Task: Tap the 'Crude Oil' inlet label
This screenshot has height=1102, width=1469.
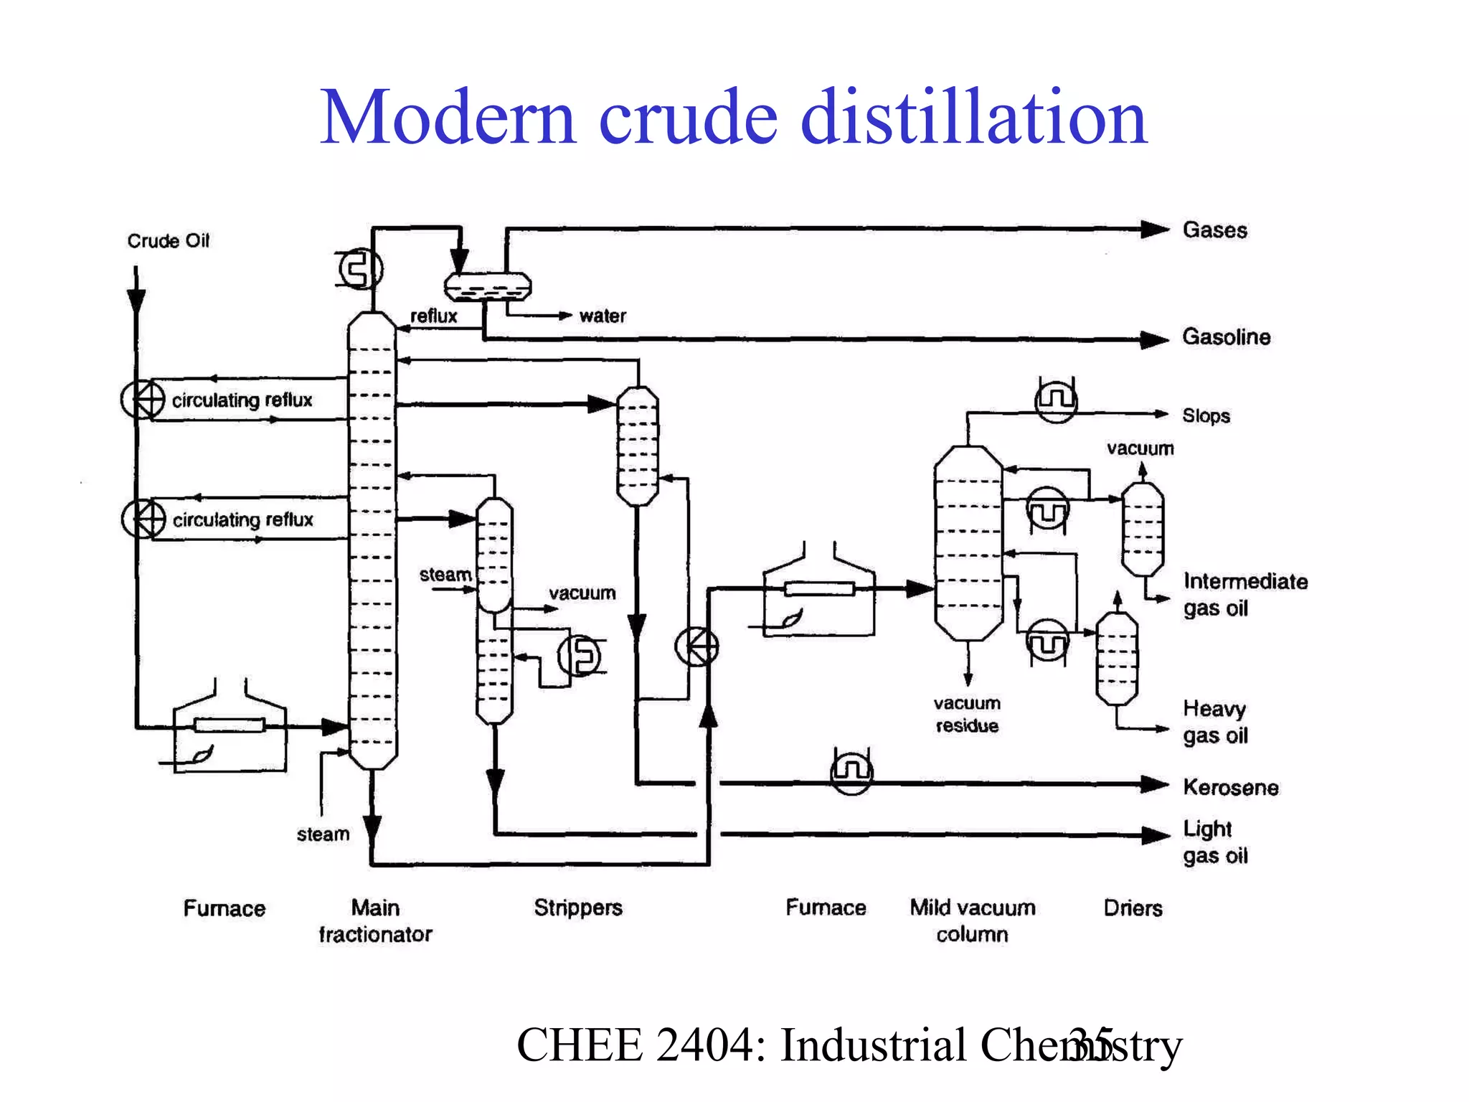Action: click(x=168, y=241)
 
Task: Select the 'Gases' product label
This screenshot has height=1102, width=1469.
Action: click(x=1214, y=230)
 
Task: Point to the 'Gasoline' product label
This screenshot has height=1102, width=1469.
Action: click(x=1226, y=337)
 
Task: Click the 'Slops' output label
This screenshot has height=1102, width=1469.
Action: click(x=1206, y=416)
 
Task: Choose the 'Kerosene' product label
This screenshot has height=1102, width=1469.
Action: click(x=1230, y=788)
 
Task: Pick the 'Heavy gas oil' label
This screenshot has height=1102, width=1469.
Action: click(x=1215, y=722)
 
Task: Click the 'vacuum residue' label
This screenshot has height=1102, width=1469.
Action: click(x=967, y=715)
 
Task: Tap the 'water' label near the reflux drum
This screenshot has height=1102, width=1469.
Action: click(x=603, y=316)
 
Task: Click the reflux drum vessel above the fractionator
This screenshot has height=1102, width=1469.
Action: click(x=488, y=287)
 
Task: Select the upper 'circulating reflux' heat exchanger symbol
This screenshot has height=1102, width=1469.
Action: click(x=143, y=400)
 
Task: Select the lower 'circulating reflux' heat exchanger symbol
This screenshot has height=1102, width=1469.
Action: click(x=143, y=519)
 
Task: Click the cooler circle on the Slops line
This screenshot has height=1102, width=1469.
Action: click(x=1057, y=400)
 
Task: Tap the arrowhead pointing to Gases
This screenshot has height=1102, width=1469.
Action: click(x=1155, y=230)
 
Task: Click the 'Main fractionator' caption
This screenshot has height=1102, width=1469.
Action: click(x=375, y=921)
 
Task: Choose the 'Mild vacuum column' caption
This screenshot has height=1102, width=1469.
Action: click(x=972, y=921)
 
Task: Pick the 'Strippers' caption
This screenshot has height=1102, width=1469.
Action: click(x=577, y=908)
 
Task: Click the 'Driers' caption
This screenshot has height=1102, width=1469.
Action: click(x=1133, y=908)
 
